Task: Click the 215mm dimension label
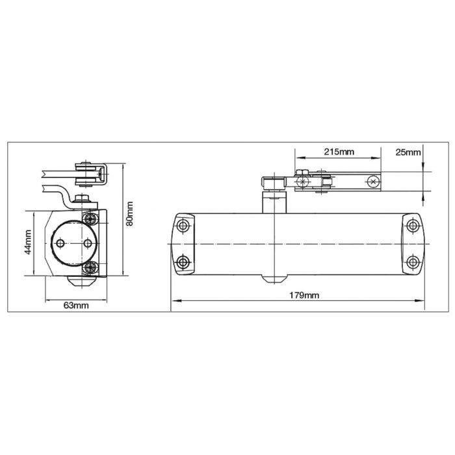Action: click(x=339, y=151)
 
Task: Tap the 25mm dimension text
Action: click(x=408, y=151)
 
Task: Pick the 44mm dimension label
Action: click(x=28, y=243)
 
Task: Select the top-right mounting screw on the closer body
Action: click(x=412, y=225)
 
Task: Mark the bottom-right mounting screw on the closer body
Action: click(x=412, y=262)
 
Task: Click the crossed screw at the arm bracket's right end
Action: click(x=371, y=182)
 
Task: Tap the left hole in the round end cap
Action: click(x=60, y=243)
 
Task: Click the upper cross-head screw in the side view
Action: click(x=91, y=216)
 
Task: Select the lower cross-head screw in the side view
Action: click(x=91, y=267)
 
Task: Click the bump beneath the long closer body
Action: click(x=275, y=280)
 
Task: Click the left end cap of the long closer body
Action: click(x=182, y=244)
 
